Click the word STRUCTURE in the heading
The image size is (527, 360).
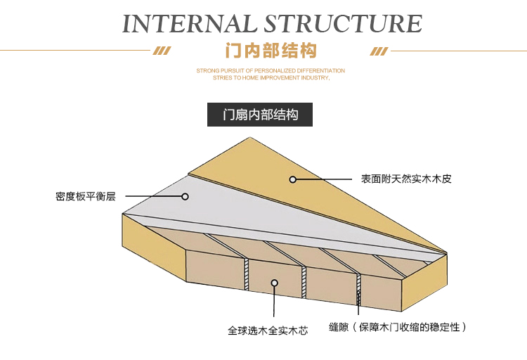[343, 23]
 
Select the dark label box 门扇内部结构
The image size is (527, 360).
[260, 115]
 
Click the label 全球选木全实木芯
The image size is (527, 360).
[268, 328]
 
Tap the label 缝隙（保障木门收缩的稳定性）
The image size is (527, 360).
[398, 327]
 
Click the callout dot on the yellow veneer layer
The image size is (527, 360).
[293, 179]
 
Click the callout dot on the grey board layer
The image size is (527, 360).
[186, 197]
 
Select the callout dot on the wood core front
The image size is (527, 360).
[275, 283]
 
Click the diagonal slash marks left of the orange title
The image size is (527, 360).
[162, 51]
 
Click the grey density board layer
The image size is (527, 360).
[232, 211]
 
